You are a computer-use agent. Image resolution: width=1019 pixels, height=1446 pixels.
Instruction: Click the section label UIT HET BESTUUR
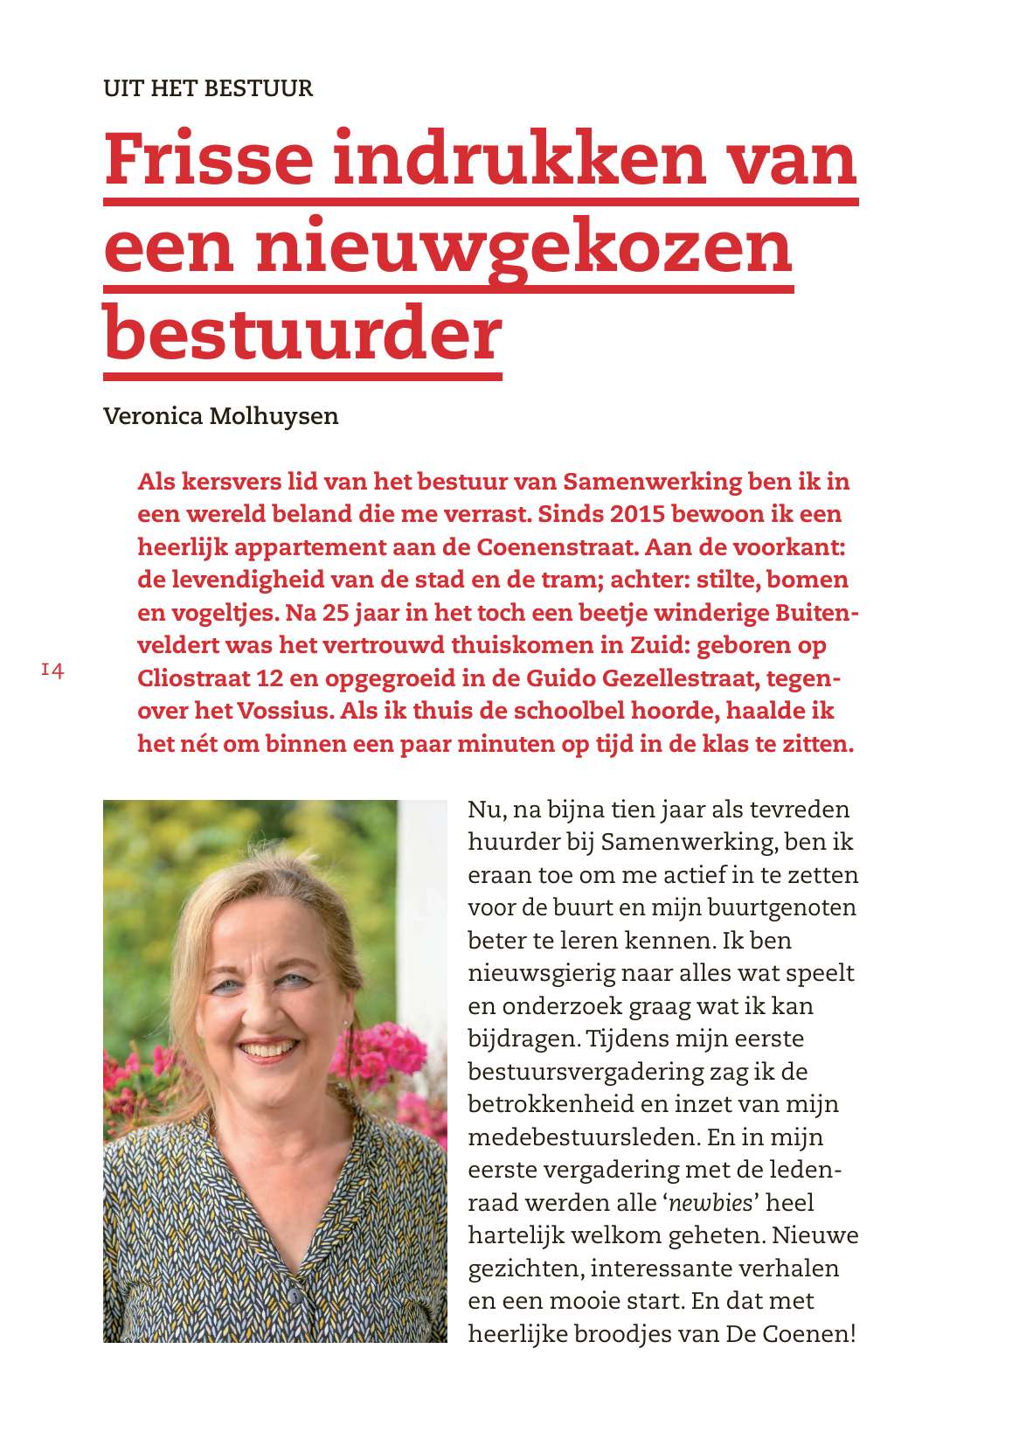click(x=207, y=88)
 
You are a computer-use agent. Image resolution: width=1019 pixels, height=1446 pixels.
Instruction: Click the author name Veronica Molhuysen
click(x=220, y=415)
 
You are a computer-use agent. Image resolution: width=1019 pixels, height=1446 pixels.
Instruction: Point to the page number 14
click(x=52, y=671)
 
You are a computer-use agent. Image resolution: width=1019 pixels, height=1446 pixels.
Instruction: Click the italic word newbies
click(x=710, y=1203)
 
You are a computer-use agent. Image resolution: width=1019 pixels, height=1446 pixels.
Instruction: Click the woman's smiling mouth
click(x=268, y=1048)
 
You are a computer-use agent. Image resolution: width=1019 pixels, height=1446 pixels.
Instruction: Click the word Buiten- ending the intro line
click(x=817, y=613)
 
